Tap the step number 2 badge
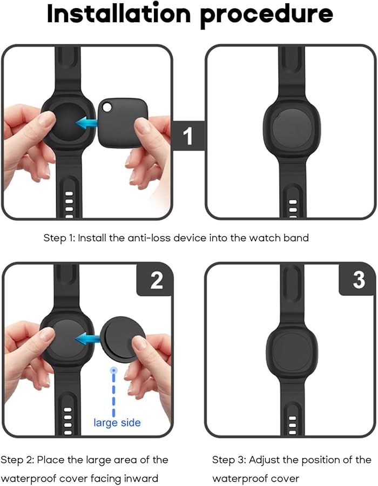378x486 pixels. (x=156, y=280)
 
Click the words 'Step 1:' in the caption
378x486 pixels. (x=59, y=238)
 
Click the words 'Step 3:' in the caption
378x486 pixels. (x=228, y=460)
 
